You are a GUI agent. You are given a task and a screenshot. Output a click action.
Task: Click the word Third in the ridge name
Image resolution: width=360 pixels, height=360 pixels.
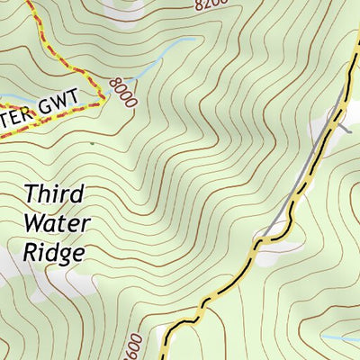click(55, 193)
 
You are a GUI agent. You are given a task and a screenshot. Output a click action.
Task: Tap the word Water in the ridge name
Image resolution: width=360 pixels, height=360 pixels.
click(56, 222)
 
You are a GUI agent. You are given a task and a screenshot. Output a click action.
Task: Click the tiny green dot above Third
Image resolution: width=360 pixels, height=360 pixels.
click(91, 142)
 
